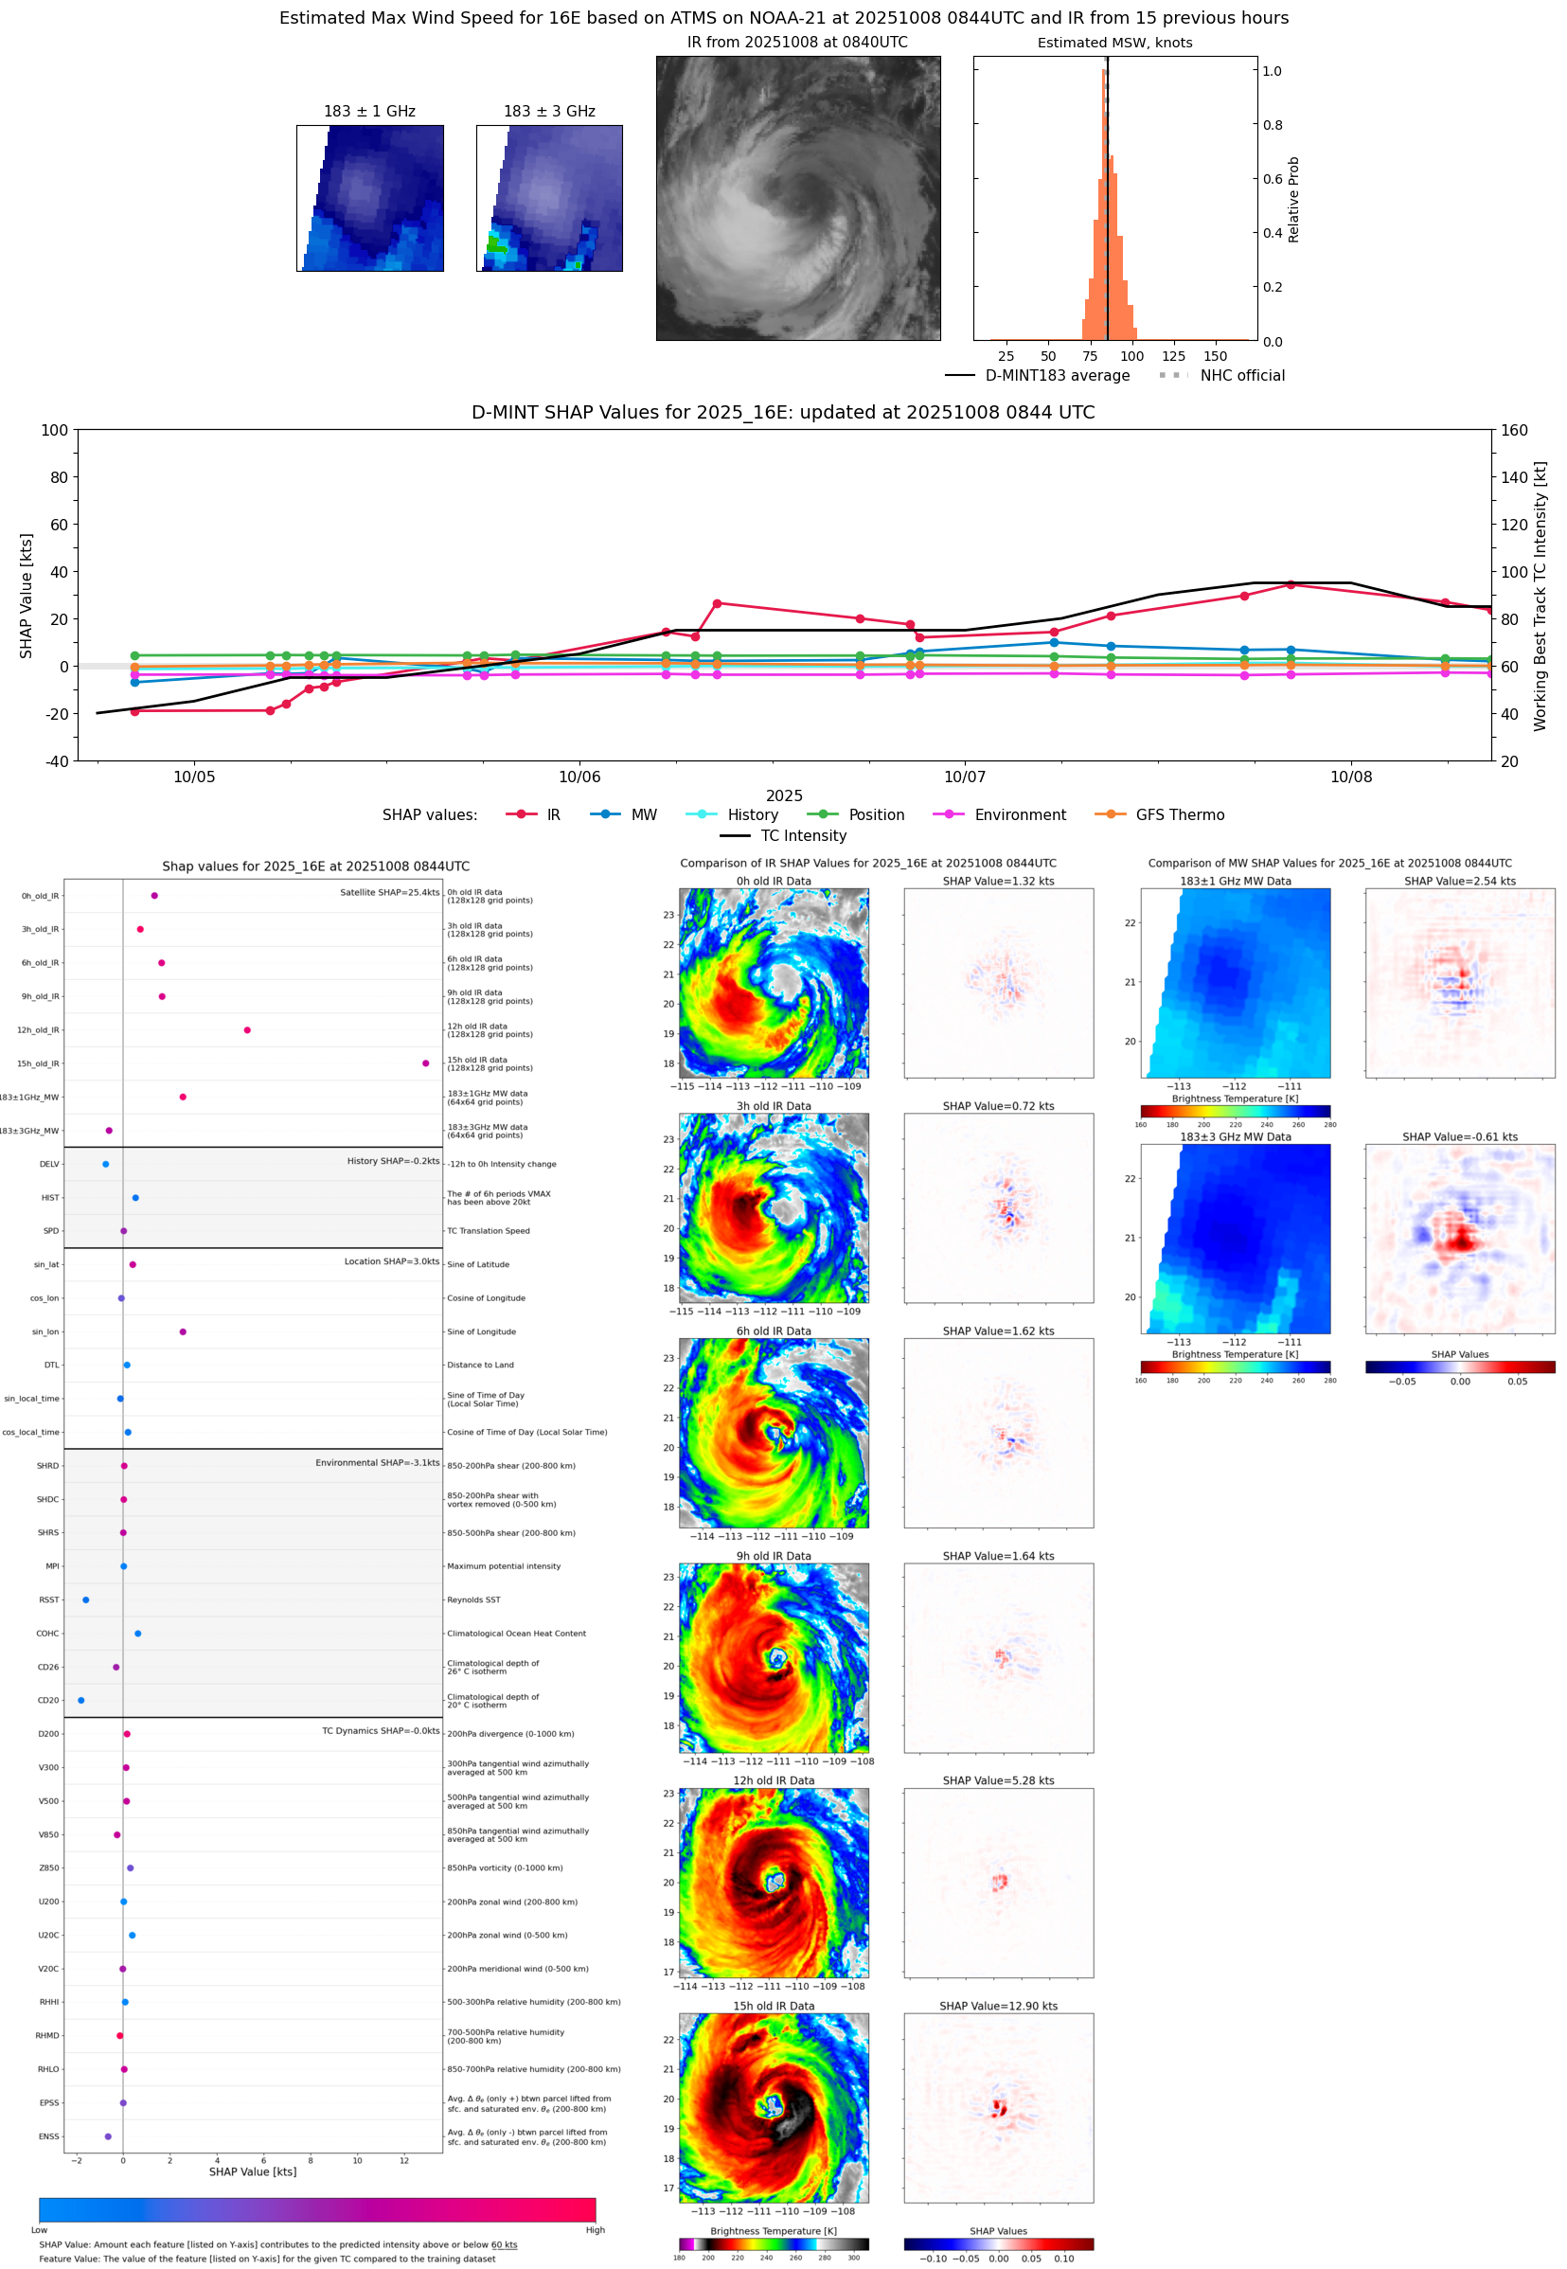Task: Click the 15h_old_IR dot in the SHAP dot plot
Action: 425,1063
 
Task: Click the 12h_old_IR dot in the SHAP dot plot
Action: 247,1030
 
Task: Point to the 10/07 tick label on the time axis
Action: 964,777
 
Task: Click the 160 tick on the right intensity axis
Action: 1514,430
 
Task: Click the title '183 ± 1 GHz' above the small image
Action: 369,112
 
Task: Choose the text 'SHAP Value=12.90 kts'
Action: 998,2006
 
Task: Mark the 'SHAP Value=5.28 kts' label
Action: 998,1780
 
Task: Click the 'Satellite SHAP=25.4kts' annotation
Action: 389,892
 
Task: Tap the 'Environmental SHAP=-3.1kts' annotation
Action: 377,1462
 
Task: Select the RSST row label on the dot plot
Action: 49,1599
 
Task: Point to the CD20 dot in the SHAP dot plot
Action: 80,1700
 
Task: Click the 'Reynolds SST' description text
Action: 473,1599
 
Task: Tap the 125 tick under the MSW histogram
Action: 1173,356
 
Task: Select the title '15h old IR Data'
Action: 773,2006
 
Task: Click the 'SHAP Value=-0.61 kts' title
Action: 1459,1137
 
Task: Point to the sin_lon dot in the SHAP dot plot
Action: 183,1331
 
